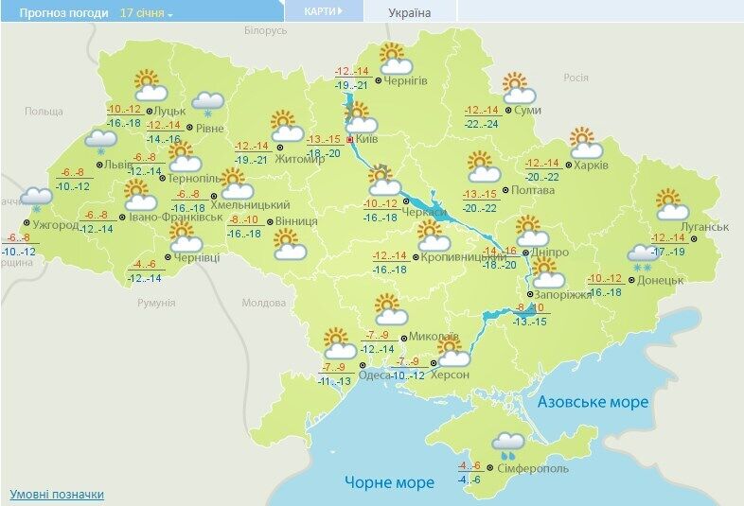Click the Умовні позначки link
click(x=57, y=495)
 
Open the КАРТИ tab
click(x=323, y=11)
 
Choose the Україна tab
click(x=410, y=13)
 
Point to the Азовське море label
click(x=593, y=402)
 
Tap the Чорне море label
click(x=389, y=482)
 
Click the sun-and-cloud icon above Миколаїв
click(x=389, y=309)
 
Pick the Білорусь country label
click(x=264, y=31)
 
